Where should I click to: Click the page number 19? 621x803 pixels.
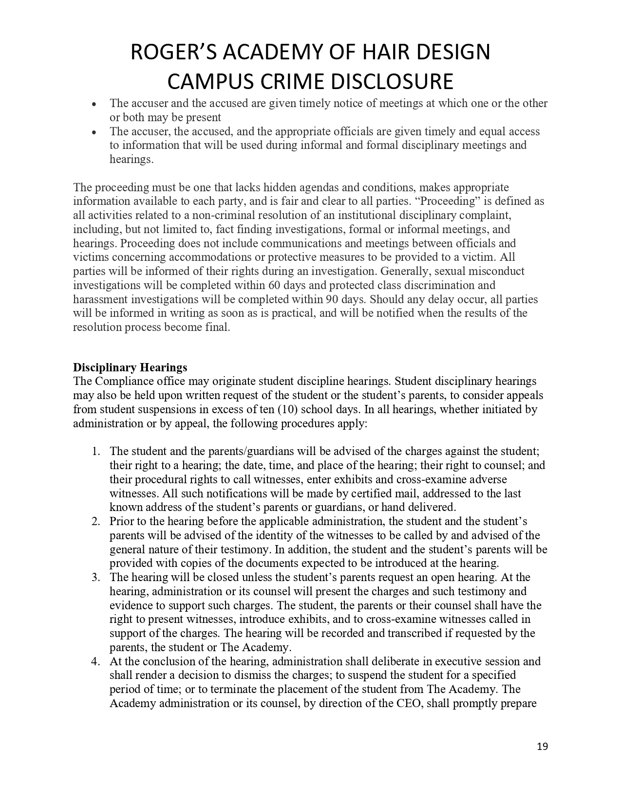pos(543,747)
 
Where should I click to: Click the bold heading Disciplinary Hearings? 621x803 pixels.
pos(130,367)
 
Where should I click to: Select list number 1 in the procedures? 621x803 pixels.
pos(96,451)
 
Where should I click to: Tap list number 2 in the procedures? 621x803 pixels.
pos(96,521)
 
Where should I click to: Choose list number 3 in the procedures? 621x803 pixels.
pos(96,577)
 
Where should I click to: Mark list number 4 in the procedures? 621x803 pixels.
pos(96,661)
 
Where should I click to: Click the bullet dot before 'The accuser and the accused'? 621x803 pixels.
pos(94,104)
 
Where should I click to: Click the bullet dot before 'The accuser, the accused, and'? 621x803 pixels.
pos(94,132)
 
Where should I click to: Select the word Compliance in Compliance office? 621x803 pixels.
pos(121,381)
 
